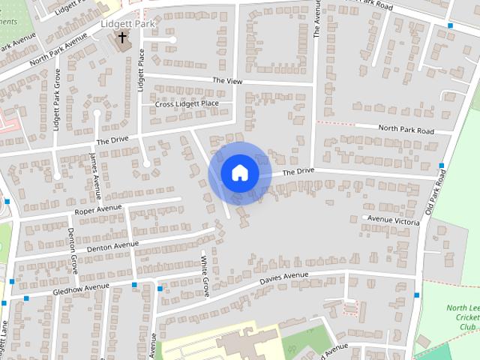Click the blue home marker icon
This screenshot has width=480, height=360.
239,173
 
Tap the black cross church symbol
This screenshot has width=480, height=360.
122,37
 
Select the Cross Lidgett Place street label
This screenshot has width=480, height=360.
187,103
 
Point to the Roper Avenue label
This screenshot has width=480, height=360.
99,208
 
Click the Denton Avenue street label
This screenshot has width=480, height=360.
112,245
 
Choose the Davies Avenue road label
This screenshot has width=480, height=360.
284,278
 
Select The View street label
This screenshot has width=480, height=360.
228,80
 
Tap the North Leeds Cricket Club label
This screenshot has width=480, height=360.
463,317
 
